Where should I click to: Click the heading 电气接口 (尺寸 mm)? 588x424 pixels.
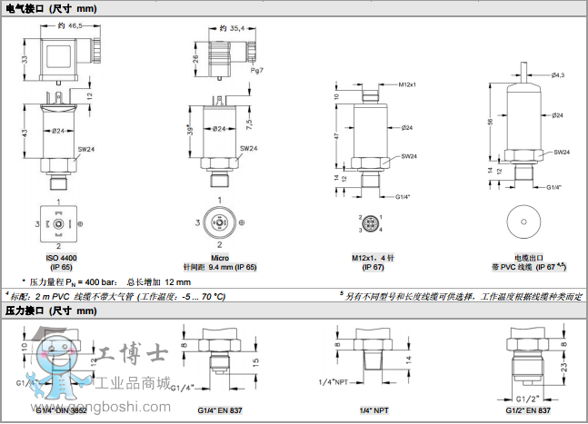pyautogui.click(x=50, y=8)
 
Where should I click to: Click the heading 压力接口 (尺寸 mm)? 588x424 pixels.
pyautogui.click(x=50, y=311)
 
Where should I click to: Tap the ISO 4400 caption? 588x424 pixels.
pyautogui.click(x=61, y=258)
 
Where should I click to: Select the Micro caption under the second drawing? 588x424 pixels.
pyautogui.click(x=220, y=258)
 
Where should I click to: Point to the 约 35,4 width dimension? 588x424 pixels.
pyautogui.click(x=232, y=28)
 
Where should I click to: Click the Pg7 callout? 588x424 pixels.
pyautogui.click(x=258, y=70)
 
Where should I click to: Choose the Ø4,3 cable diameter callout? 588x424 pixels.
pyautogui.click(x=557, y=74)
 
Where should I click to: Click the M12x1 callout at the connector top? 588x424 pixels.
pyautogui.click(x=408, y=84)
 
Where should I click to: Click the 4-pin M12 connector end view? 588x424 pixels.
pyautogui.click(x=372, y=222)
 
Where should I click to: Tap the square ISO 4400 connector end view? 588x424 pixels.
pyautogui.click(x=59, y=223)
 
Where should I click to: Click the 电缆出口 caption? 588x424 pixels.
pyautogui.click(x=527, y=258)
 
